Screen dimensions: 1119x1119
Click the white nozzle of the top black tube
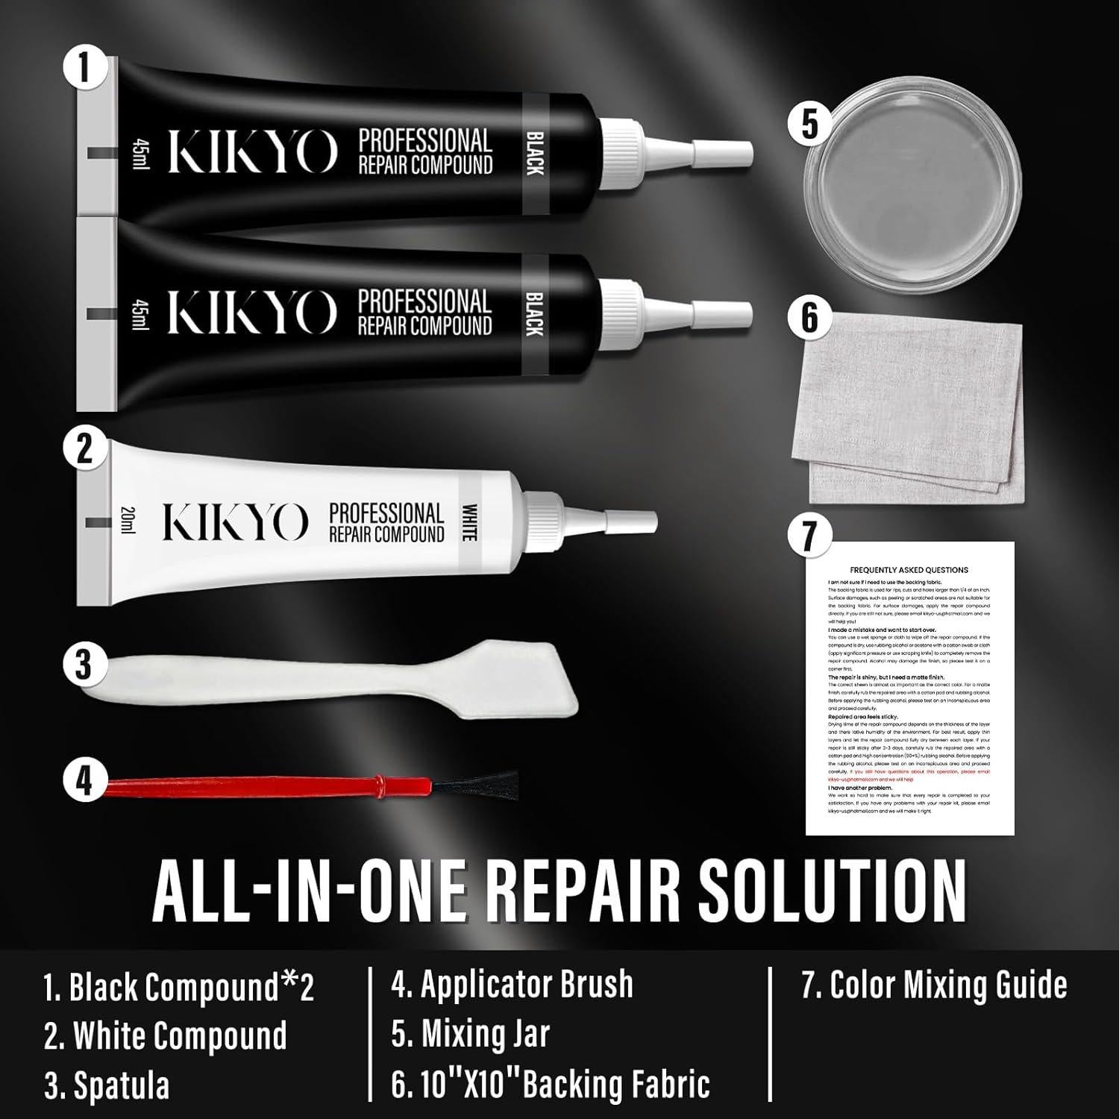[716, 152]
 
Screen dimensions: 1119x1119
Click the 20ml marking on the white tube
[125, 520]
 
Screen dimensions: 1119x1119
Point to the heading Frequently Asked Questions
[909, 570]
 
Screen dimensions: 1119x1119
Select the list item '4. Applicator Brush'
[512, 985]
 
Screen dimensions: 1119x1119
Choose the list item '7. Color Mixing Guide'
[934, 985]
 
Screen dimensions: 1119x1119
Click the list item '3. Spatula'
[107, 1085]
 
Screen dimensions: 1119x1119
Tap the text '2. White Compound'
[165, 1035]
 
